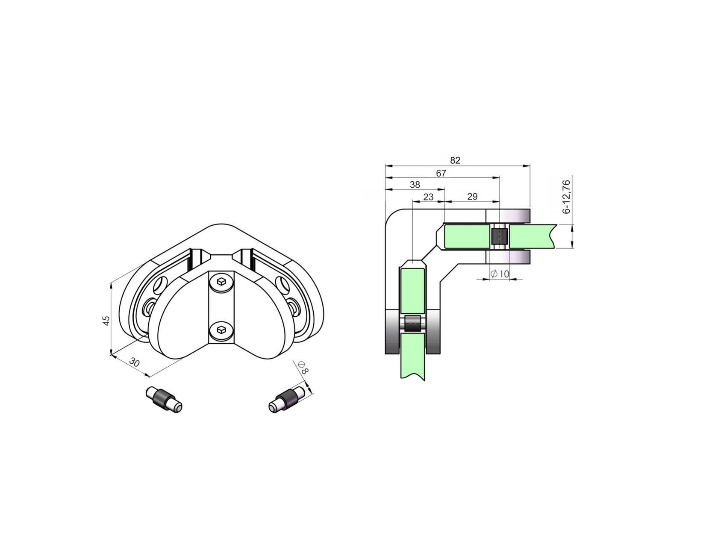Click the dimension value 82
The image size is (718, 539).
(x=455, y=160)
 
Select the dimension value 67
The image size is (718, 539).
(x=441, y=173)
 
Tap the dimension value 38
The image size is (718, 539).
(x=415, y=185)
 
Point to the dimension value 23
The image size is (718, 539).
(x=428, y=197)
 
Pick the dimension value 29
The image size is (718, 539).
(x=472, y=197)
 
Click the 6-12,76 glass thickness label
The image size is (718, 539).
(x=566, y=197)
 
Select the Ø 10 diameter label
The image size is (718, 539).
(x=500, y=274)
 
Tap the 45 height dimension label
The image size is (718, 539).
(x=106, y=320)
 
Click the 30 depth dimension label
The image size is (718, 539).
(x=134, y=363)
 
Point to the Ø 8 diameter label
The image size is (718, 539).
(x=302, y=368)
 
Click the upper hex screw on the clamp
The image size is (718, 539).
(x=221, y=282)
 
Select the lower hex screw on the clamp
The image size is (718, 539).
(x=221, y=330)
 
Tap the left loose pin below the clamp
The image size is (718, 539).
(x=164, y=399)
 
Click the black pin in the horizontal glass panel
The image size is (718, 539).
(x=499, y=236)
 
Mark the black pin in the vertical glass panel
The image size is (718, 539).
(x=412, y=324)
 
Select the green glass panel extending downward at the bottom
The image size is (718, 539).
(x=412, y=357)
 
